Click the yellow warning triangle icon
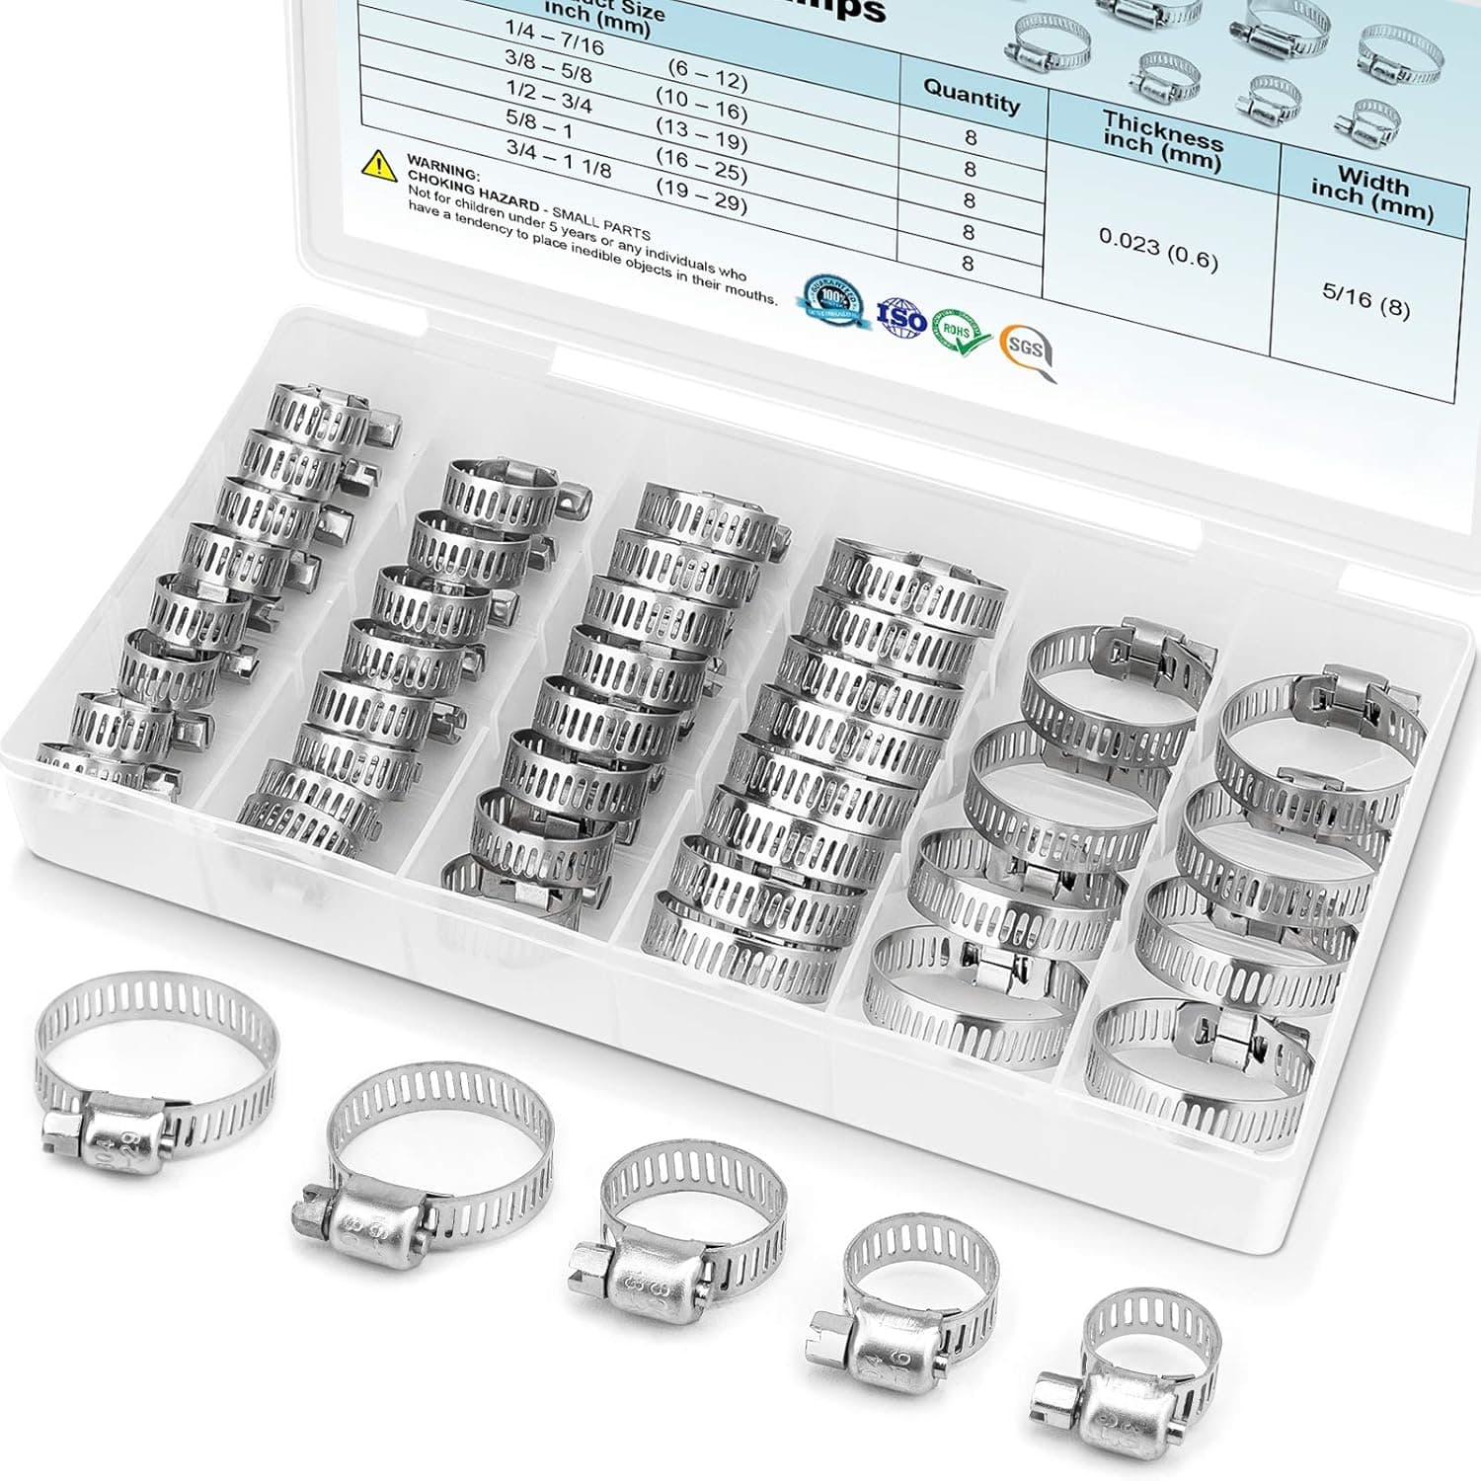(379, 165)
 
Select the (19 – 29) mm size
(701, 196)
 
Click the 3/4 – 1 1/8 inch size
(558, 158)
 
